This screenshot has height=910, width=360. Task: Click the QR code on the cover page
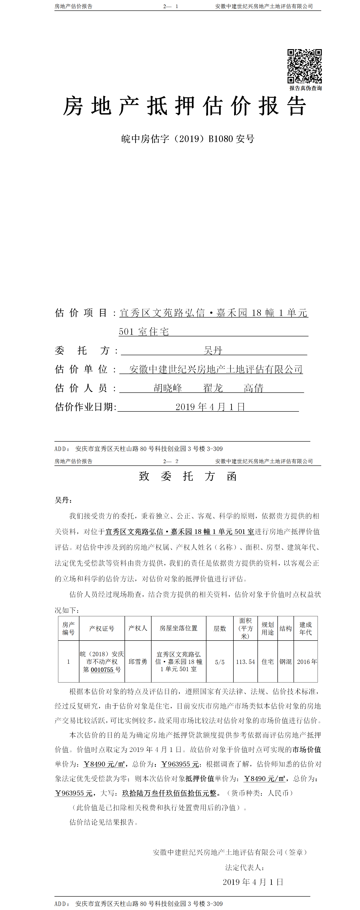pos(304,66)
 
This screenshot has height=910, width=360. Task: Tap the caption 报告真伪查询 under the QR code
pos(305,88)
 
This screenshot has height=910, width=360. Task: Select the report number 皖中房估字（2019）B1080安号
pos(188,139)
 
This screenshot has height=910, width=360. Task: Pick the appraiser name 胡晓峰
pos(168,388)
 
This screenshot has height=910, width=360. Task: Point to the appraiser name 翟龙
pos(213,388)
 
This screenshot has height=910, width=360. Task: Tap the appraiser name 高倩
pos(253,388)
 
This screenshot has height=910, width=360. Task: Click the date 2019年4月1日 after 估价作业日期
pos(210,407)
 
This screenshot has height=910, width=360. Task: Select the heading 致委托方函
pos(188,476)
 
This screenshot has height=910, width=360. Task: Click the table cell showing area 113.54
pos(245,662)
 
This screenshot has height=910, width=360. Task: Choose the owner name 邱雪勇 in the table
pos(138,662)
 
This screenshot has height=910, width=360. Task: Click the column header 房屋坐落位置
pos(178,628)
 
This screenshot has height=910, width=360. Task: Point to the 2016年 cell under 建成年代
pos(307,662)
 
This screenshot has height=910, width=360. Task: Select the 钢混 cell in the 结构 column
pos(285,662)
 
